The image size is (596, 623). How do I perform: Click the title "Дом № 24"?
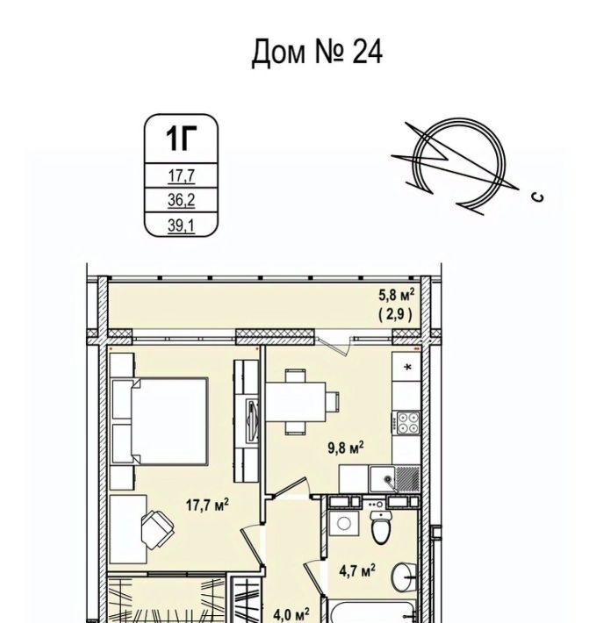317,52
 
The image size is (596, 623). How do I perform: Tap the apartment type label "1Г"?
181,139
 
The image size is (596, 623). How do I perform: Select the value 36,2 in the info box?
181,200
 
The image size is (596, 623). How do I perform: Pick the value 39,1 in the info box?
181,226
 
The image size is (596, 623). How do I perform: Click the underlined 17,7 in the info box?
181,175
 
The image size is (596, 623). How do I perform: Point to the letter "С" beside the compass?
538,197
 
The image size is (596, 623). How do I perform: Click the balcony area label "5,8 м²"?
396,295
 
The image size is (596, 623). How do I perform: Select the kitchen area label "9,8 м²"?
346,448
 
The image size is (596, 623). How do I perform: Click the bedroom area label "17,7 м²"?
207,505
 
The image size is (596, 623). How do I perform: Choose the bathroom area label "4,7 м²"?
357,572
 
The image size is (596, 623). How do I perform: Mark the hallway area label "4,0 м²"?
291,615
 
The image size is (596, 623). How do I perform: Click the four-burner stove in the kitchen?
408,423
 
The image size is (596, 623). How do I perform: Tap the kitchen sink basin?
383,479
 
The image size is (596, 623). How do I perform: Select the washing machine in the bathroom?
344,523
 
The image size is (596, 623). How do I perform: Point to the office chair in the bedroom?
157,529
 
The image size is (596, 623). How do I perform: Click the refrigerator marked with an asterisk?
406,367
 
